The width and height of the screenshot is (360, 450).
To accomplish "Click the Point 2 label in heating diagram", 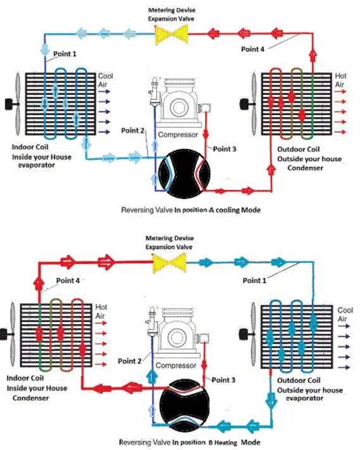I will [x=130, y=361].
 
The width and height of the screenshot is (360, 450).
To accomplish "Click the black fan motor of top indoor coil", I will [x=8, y=103].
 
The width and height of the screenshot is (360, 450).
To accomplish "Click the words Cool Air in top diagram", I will [x=105, y=80].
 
